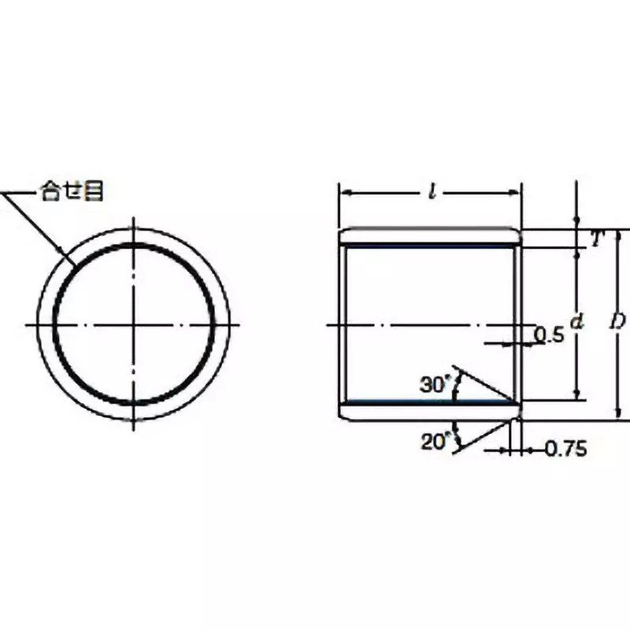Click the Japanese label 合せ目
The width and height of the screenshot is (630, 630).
tap(72, 192)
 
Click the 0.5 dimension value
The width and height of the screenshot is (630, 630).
tap(549, 335)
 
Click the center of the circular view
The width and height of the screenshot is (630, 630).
tap(135, 324)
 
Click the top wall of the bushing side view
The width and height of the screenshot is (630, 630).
tap(431, 237)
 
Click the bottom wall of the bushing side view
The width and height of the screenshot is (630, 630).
tap(431, 410)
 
